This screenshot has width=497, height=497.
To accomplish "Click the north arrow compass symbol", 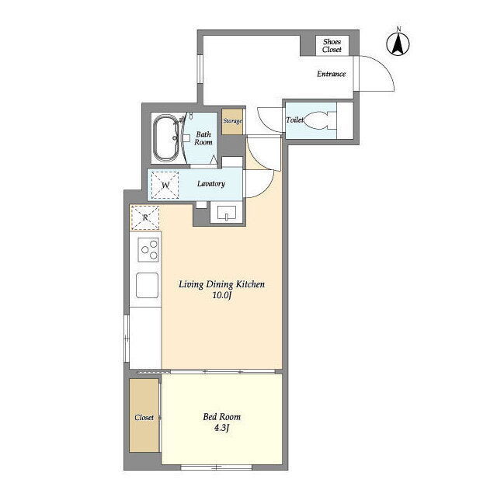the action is (398, 43).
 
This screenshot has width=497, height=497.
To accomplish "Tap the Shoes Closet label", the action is (332, 46).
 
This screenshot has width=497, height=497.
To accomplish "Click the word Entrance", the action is (332, 74).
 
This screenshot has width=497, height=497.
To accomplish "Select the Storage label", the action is (232, 121).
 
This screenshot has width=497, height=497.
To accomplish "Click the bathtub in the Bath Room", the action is (165, 138).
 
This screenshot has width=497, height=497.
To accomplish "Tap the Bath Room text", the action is (203, 138).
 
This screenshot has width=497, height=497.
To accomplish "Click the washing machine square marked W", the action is (165, 185).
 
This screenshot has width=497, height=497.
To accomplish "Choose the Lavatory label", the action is (210, 184).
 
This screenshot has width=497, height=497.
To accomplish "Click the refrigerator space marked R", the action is (145, 217).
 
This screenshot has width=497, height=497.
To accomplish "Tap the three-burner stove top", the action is (148, 250).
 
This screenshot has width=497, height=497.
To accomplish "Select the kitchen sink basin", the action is (147, 286).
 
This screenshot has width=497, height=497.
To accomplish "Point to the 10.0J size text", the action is (221, 296).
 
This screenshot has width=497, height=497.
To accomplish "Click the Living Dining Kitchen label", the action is (221, 284).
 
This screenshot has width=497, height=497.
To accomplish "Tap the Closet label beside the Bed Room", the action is (144, 418).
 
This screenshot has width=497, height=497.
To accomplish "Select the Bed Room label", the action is (221, 417).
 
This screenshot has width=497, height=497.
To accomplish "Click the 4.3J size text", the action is (221, 428).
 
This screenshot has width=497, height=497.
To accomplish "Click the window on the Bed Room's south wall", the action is (217, 467).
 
